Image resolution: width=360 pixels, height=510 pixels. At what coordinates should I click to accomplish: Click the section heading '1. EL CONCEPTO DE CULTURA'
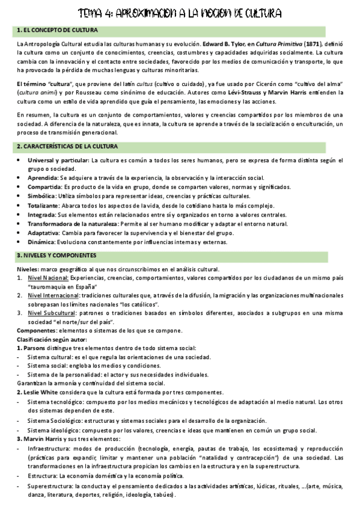[x=58, y=30]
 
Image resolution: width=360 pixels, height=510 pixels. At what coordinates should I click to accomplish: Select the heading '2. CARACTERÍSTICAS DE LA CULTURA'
[x=67, y=147]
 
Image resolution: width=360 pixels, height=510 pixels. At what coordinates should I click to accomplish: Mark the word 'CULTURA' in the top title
[x=255, y=13]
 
